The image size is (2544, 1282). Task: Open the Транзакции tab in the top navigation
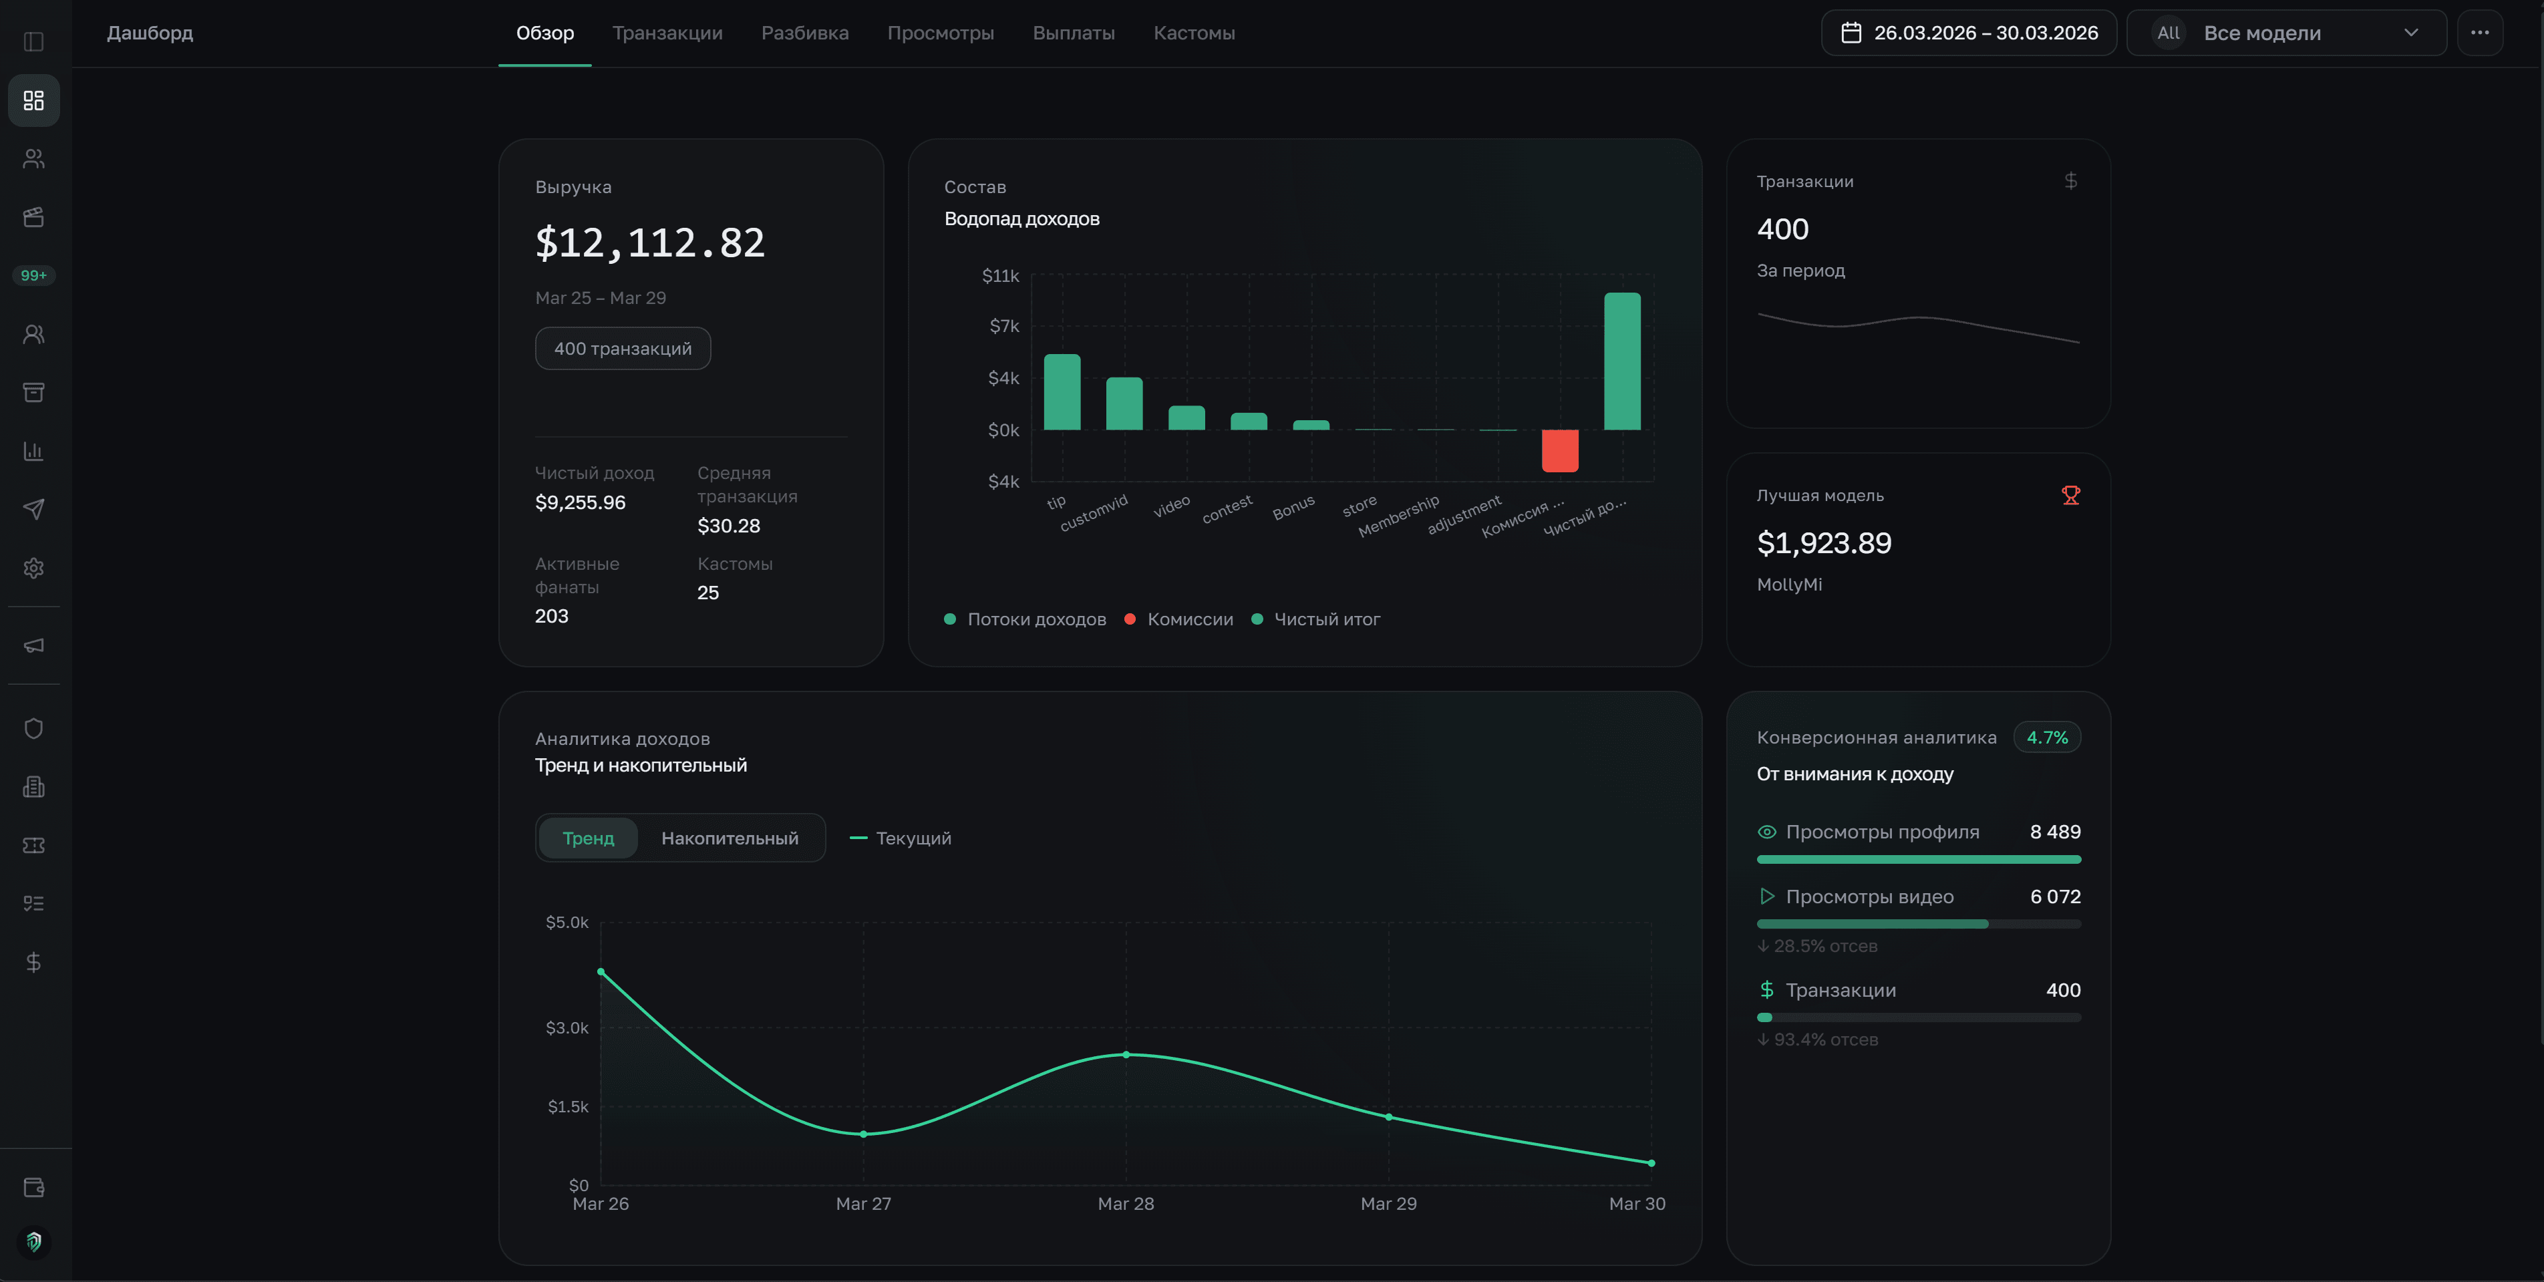coord(667,33)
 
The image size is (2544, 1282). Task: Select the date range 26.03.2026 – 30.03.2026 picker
coord(1968,33)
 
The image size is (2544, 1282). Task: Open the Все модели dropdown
coord(2285,33)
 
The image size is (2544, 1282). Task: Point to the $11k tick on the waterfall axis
coord(999,275)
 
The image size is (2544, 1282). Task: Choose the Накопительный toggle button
coord(729,838)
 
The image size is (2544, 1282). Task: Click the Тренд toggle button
coord(588,838)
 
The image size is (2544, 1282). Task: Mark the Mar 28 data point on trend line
coord(1126,1055)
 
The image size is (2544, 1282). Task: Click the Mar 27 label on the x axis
coord(863,1203)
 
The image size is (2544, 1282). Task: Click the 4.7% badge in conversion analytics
coord(2046,738)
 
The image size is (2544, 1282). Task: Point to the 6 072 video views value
coord(2054,897)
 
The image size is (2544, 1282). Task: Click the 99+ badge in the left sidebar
coord(33,275)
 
